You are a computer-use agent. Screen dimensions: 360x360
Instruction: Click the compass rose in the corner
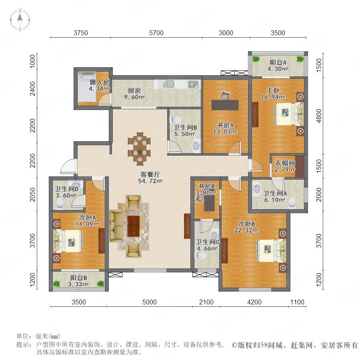[20, 20]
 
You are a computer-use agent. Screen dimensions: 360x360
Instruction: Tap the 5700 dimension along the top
[156, 33]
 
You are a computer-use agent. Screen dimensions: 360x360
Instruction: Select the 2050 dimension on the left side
[33, 194]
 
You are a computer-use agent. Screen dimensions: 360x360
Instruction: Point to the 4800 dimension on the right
[319, 116]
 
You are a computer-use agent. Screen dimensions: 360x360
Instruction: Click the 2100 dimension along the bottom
[206, 302]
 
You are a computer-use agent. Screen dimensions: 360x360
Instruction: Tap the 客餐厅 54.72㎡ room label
[150, 178]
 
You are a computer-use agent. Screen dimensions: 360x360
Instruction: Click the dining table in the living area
[139, 148]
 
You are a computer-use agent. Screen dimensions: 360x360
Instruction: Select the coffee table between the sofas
[133, 226]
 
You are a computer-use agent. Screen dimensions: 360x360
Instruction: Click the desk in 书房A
[225, 105]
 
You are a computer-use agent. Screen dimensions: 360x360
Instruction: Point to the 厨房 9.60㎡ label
[134, 94]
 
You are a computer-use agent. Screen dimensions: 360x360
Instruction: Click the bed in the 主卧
[288, 114]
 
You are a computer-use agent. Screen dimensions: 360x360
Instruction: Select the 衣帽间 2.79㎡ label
[285, 166]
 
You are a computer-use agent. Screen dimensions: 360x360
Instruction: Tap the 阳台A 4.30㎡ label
[278, 66]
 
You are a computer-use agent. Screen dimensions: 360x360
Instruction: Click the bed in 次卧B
[271, 250]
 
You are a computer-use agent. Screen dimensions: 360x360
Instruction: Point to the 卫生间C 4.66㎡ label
[207, 245]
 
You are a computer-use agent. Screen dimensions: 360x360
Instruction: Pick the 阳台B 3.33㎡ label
[78, 281]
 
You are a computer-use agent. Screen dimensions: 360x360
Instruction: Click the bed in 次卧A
[68, 241]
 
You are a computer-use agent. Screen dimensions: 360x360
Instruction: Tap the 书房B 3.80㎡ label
[206, 190]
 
